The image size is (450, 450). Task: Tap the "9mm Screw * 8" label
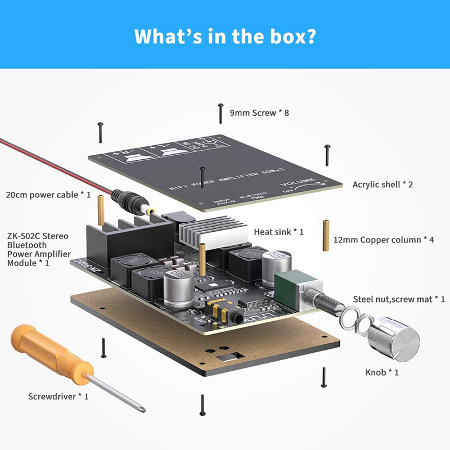tap(259, 113)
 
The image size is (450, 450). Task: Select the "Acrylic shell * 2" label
tap(382, 184)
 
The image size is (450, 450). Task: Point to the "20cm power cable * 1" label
tap(48, 195)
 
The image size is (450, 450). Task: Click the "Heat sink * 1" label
tap(279, 232)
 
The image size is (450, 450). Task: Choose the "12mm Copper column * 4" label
tap(384, 240)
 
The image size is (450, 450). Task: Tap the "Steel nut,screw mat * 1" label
tap(399, 299)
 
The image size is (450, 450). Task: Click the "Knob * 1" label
tap(382, 372)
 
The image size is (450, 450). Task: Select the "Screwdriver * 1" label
tap(58, 397)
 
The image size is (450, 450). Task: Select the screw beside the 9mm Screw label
tap(220, 113)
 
